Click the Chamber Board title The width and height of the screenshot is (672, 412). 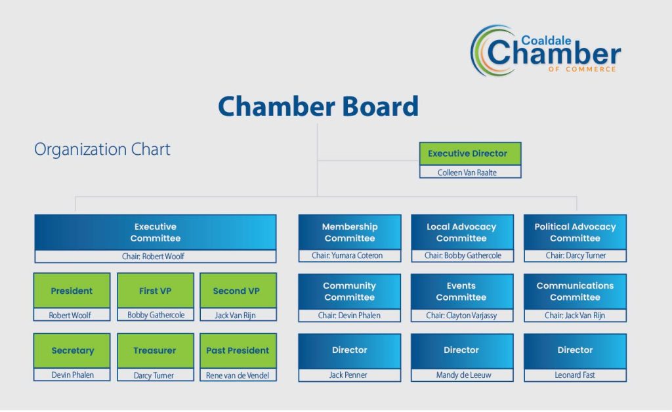coord(318,106)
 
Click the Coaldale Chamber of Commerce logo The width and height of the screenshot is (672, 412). coord(545,51)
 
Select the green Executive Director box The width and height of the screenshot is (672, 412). coord(470,154)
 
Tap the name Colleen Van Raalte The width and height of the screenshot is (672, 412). coord(470,173)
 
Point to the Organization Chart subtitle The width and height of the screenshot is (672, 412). coord(102,150)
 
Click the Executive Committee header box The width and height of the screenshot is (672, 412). coord(155,232)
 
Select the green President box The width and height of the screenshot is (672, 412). coord(72,291)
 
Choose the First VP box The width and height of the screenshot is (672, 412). coord(156,291)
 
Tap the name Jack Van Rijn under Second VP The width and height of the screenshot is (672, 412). coord(238,316)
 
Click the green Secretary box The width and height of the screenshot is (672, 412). coord(72,350)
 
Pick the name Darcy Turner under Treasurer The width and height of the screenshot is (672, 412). coord(156,375)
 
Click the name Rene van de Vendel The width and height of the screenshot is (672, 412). coord(238,375)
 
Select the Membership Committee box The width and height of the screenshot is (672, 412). coord(349,232)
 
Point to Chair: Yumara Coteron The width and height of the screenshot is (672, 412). coord(349,256)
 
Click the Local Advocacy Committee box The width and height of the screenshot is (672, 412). coord(461,232)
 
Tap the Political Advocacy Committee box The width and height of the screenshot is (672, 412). coord(575,232)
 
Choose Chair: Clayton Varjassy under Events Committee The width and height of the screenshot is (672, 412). coord(461,316)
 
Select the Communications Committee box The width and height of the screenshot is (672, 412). coord(575,291)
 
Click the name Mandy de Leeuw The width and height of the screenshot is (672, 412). coord(461,375)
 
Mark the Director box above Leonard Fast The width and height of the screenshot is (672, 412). coord(575,350)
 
